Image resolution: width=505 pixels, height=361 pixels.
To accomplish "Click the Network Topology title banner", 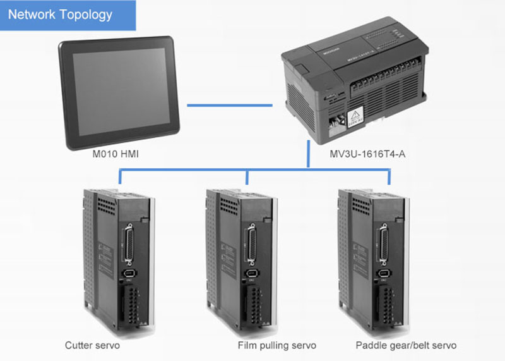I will tap(68, 15).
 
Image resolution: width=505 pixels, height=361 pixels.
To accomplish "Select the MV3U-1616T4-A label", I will tap(367, 154).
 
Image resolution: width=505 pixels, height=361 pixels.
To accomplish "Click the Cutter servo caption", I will tap(92, 346).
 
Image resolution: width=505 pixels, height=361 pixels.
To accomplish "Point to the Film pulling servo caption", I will tap(276, 346).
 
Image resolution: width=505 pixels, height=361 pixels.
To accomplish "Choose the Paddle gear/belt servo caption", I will tap(406, 346).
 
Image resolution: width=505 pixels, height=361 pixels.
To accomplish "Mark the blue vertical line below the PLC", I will tap(307, 155).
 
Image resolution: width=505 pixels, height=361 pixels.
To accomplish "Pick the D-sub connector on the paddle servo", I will tap(383, 241).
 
